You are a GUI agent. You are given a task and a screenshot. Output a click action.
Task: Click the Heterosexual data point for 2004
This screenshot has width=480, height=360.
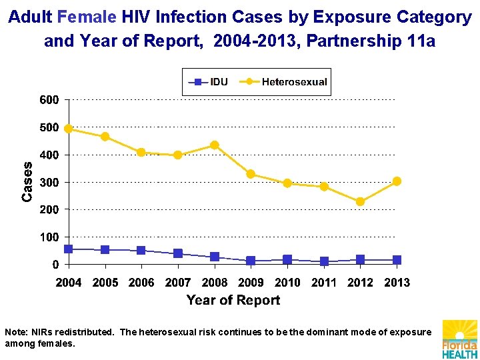click(x=68, y=129)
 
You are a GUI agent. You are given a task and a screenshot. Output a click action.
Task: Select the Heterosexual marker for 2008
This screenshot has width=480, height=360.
click(x=214, y=145)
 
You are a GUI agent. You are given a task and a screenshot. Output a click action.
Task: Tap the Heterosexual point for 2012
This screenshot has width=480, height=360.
click(x=360, y=201)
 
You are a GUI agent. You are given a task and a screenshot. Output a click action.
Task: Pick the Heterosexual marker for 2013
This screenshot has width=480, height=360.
click(x=397, y=181)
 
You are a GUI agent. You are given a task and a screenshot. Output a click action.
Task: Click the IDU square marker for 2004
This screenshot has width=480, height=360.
click(x=68, y=249)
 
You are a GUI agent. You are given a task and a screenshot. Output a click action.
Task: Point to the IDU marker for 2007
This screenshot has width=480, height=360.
click(x=178, y=253)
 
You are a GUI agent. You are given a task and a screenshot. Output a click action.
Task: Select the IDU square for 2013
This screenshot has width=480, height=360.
click(x=397, y=260)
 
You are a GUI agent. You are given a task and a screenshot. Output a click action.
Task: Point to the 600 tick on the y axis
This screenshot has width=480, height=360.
click(x=49, y=100)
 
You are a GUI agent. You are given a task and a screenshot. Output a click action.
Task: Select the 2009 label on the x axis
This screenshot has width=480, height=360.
click(x=251, y=283)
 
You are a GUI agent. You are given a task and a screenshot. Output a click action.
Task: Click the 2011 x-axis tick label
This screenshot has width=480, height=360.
click(x=324, y=283)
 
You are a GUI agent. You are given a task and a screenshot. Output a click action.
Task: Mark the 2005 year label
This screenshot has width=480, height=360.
click(x=105, y=283)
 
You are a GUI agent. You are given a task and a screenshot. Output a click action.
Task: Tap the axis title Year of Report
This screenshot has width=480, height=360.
click(x=233, y=300)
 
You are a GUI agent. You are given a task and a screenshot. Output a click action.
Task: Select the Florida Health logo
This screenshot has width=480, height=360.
click(x=459, y=339)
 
